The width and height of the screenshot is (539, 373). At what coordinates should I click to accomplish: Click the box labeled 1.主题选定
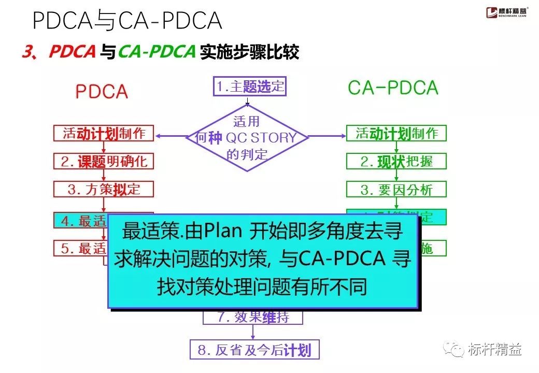pyautogui.click(x=250, y=87)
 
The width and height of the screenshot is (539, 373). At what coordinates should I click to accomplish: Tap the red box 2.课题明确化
pyautogui.click(x=104, y=161)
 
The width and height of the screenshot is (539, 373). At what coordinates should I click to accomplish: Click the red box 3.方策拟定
pyautogui.click(x=104, y=189)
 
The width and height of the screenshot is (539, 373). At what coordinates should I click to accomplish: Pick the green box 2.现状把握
pyautogui.click(x=396, y=161)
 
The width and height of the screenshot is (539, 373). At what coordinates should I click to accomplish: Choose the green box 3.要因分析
pyautogui.click(x=396, y=189)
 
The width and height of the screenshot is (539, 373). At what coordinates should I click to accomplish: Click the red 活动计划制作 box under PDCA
pyautogui.click(x=104, y=133)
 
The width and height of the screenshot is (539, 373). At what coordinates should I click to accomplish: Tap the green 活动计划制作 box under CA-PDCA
pyautogui.click(x=396, y=133)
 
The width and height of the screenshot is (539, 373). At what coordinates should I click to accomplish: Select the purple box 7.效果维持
pyautogui.click(x=253, y=317)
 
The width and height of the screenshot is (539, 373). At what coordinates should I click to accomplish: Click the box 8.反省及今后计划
pyautogui.click(x=254, y=350)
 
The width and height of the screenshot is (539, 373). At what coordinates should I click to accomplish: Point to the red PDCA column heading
pyautogui.click(x=102, y=92)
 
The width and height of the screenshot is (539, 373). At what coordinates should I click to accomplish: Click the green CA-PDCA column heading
pyautogui.click(x=393, y=88)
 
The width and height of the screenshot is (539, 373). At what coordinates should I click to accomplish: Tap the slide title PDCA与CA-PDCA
pyautogui.click(x=127, y=21)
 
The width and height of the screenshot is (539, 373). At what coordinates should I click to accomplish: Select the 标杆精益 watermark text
pyautogui.click(x=494, y=349)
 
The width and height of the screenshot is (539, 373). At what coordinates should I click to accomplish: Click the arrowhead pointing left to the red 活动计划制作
pyautogui.click(x=158, y=136)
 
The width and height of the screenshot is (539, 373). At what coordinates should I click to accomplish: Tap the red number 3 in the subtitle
pyautogui.click(x=27, y=52)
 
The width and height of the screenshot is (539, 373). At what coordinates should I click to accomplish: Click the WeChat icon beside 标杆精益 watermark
pyautogui.click(x=456, y=349)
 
